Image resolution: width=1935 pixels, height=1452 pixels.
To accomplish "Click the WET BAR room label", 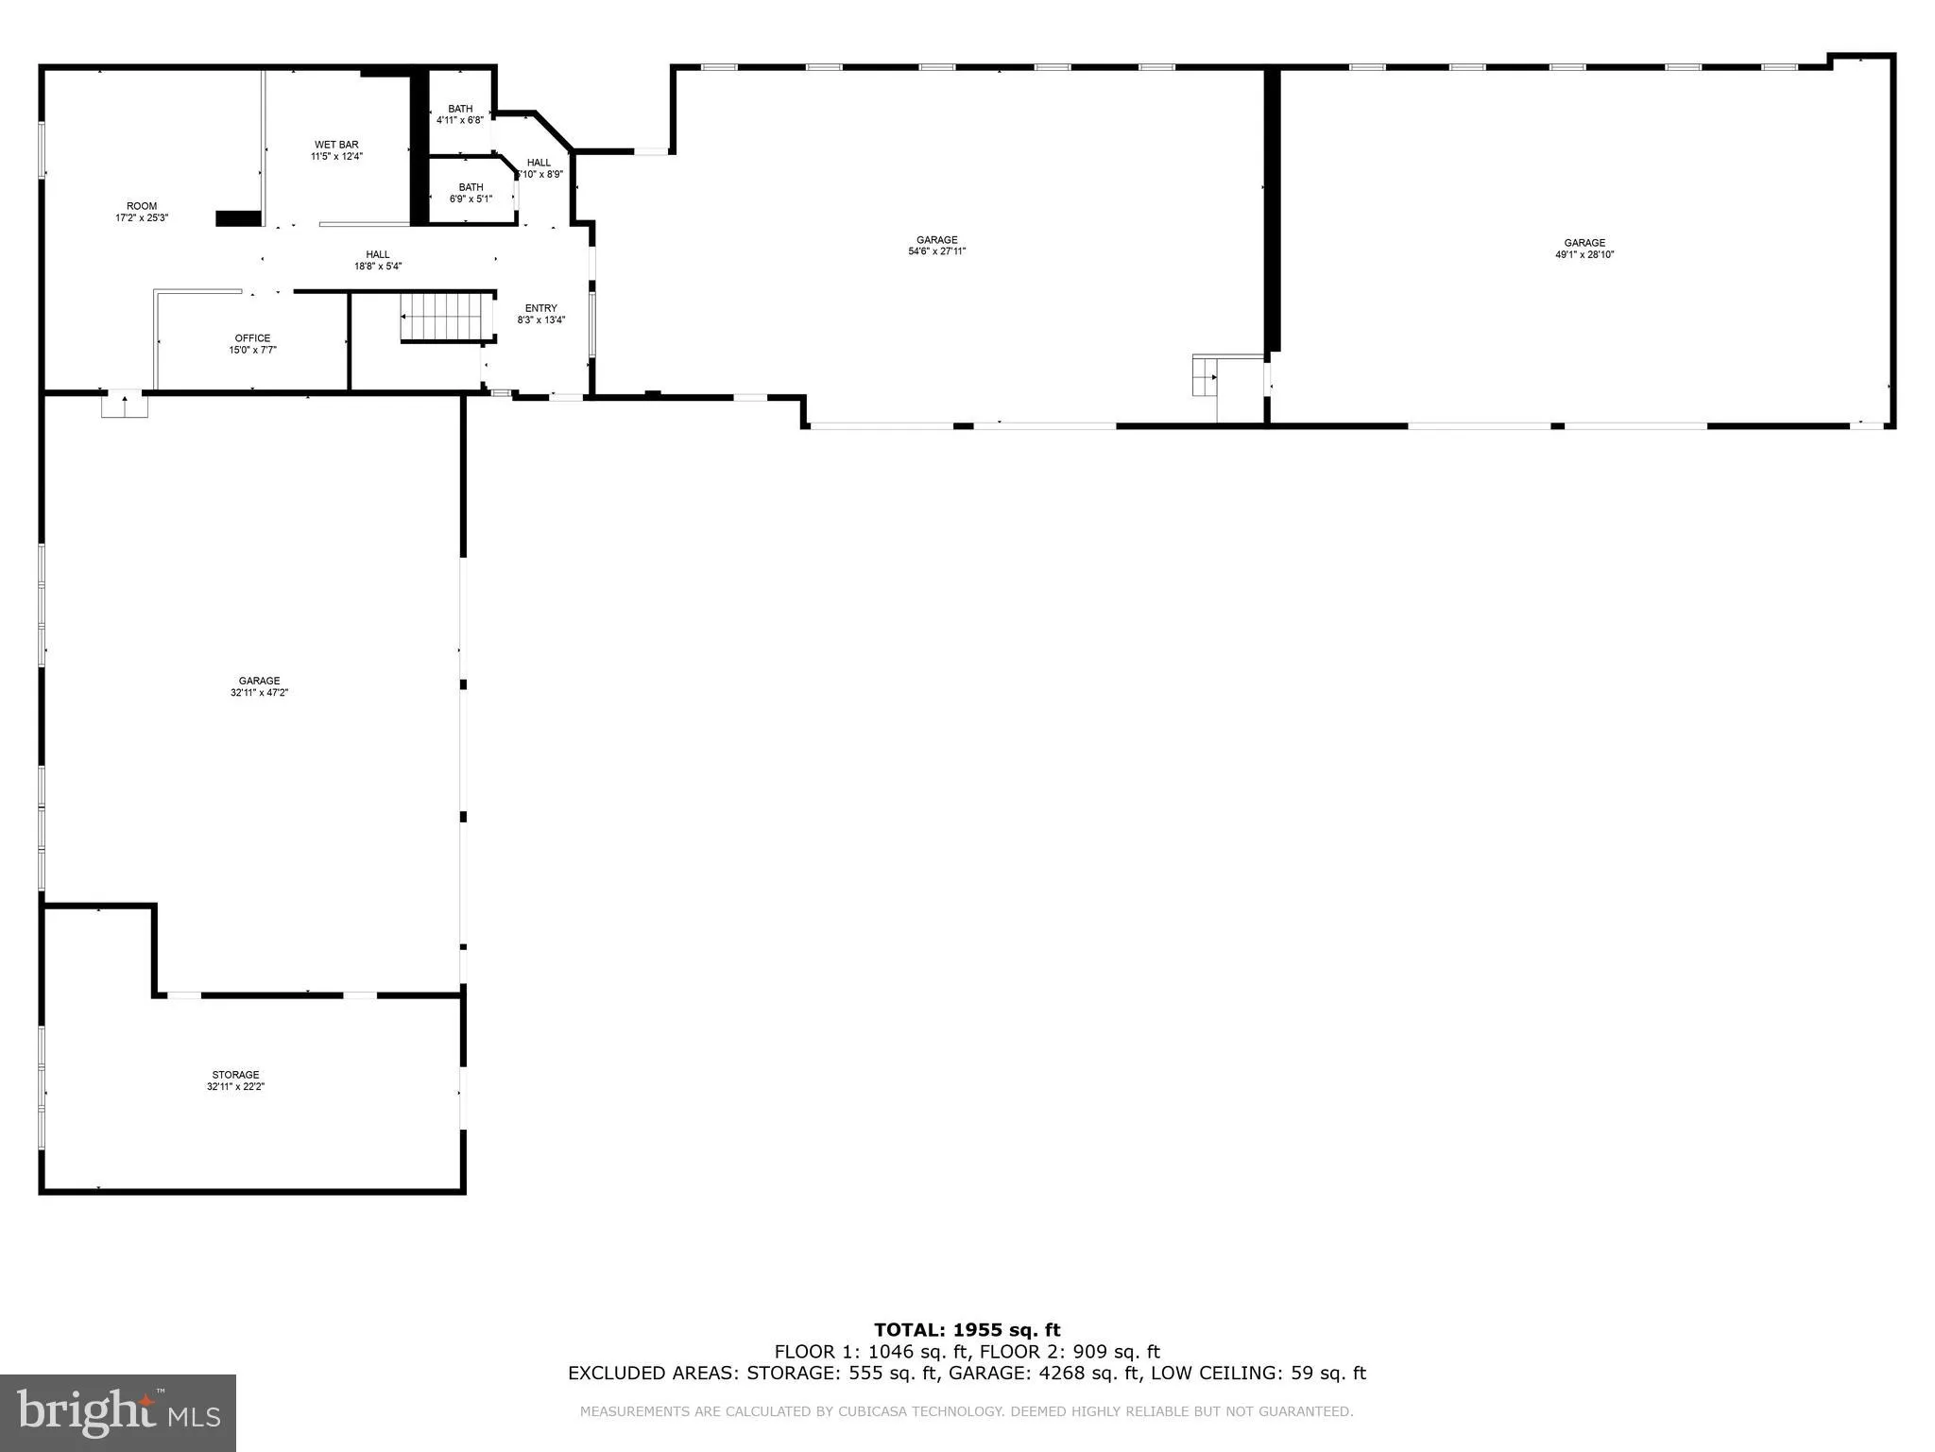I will [336, 145].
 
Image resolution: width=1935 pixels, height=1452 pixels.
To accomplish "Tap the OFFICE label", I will [252, 338].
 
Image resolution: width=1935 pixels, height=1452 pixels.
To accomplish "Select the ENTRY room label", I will [540, 308].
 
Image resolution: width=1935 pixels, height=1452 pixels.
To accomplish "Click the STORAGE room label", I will [235, 1075].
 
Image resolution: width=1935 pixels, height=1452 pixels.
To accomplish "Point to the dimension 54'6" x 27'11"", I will [936, 251].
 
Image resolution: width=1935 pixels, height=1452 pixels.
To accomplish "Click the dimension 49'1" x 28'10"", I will [1584, 254].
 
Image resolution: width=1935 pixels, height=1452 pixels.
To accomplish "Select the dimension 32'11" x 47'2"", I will [259, 693].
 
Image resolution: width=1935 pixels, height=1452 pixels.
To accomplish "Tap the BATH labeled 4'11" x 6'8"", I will [460, 114].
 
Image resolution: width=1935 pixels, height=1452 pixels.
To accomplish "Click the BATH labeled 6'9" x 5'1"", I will [471, 193].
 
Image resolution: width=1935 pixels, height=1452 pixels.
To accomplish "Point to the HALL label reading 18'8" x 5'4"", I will [378, 260].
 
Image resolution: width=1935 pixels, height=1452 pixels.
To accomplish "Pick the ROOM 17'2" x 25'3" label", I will [142, 212].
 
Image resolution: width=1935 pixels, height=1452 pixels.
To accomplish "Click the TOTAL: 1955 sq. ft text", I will [967, 1330].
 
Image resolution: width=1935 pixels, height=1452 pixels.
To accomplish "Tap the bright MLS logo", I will [118, 1412].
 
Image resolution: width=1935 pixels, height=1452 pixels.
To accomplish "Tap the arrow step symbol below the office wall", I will [125, 405].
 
